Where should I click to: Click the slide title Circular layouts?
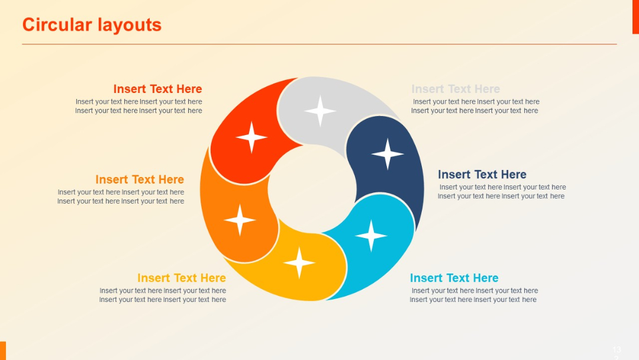coord(92,25)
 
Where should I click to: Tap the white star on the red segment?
coord(251,137)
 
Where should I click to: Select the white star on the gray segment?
coord(320,111)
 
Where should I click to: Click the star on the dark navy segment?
coord(388,154)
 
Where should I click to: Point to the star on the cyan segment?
coord(371,236)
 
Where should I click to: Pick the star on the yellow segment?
coord(299,262)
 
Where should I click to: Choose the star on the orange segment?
coord(240,220)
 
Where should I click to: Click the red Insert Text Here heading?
coord(157,89)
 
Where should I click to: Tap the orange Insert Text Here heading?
coord(140,179)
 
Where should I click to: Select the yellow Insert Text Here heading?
coord(182,278)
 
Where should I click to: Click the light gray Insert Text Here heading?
coord(456,89)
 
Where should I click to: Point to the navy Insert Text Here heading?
coord(482,175)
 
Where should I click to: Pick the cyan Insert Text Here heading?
coord(454,278)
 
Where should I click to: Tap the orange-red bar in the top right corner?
coord(635,17)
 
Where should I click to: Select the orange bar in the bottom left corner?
coord(3,351)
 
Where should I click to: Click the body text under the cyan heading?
coord(474,295)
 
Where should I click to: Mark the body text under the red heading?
coord(139,106)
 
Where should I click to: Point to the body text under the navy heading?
coord(502,192)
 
